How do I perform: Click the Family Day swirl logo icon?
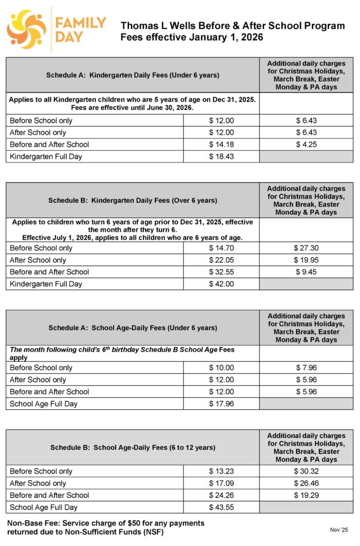(26, 29)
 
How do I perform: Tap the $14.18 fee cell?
(221, 144)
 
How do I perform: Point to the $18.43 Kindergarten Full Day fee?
(221, 156)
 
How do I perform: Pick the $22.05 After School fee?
(221, 260)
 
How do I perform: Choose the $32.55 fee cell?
(221, 272)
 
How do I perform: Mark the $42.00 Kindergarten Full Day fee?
(221, 284)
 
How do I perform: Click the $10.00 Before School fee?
(221, 368)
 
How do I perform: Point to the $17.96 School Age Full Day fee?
(221, 404)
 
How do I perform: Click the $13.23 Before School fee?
(221, 471)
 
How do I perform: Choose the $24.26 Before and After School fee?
(221, 495)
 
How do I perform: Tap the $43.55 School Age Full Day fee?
(221, 507)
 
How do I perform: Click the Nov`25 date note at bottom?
(339, 530)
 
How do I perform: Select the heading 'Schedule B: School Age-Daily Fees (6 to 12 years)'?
(133, 448)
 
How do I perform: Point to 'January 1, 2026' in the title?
(227, 37)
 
